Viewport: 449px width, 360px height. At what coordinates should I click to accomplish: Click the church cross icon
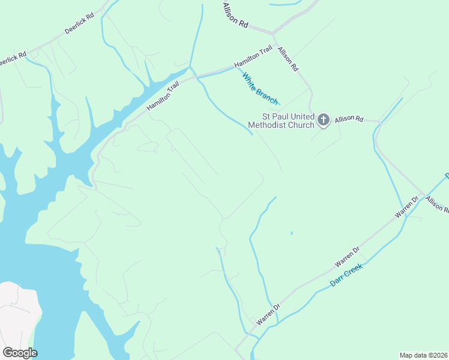pos(323,120)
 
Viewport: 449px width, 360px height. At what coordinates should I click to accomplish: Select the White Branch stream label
pos(259,86)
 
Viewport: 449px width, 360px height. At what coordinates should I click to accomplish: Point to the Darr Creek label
pos(347,275)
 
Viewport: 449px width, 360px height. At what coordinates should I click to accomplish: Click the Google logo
pos(20,353)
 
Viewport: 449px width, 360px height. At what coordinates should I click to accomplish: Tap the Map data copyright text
pos(423,355)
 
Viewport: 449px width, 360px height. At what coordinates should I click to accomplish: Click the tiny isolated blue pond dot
pos(292,233)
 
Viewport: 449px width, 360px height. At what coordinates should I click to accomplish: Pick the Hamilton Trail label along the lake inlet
pos(163,97)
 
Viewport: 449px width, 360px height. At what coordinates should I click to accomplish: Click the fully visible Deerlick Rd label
pos(80,24)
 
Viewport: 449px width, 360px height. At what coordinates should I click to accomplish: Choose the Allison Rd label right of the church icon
pos(349,119)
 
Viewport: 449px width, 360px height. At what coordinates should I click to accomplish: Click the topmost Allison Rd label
pos(235,16)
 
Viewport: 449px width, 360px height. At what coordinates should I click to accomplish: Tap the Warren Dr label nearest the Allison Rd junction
pos(406,206)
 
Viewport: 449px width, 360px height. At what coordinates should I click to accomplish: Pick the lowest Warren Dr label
pos(268,314)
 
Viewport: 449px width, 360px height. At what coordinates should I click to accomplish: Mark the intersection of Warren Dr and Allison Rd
pos(424,195)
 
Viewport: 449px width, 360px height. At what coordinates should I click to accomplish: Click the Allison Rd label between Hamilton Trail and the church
pos(288,59)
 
